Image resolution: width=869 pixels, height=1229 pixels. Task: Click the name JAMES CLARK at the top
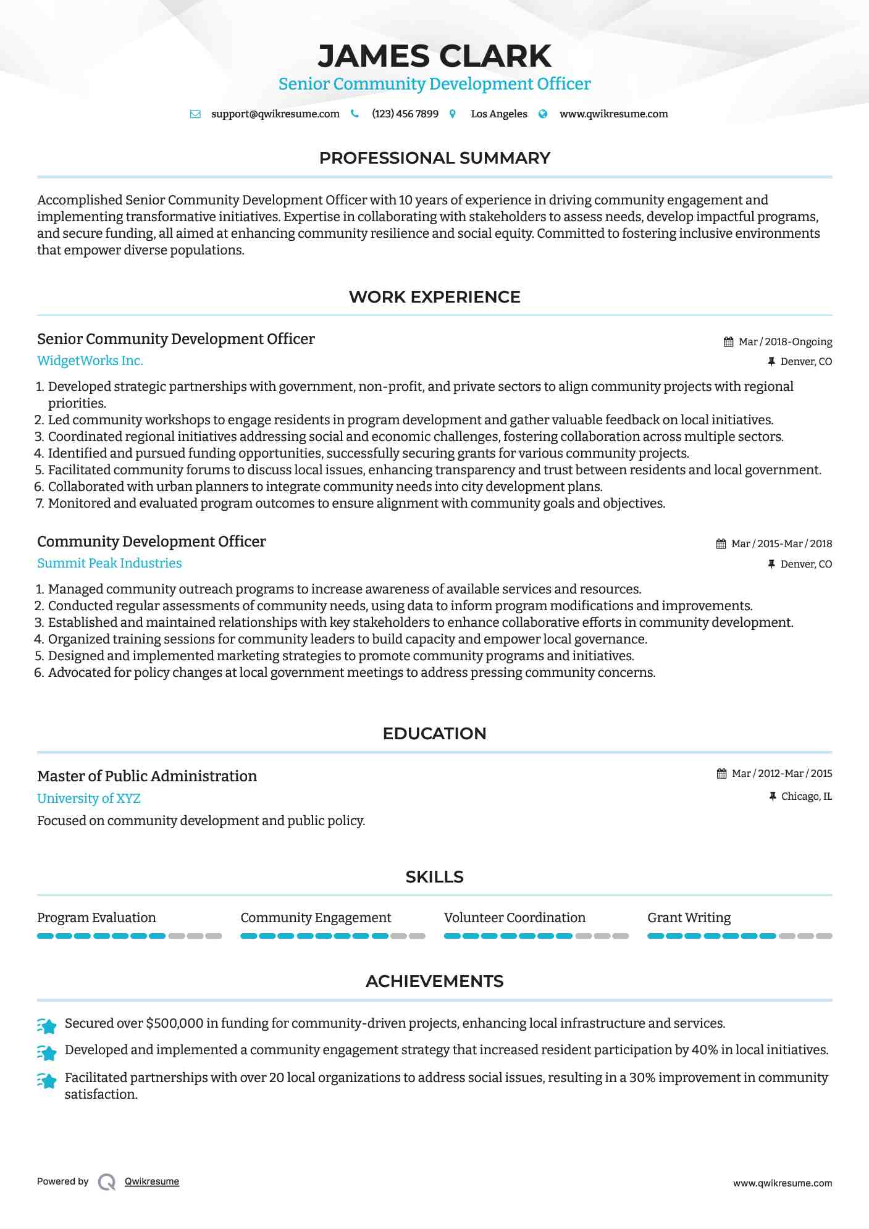tap(434, 56)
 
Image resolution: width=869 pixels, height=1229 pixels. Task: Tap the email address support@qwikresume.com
tap(275, 114)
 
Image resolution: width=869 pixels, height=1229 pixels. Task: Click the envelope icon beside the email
tap(195, 114)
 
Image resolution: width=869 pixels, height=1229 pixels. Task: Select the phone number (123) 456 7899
tap(405, 114)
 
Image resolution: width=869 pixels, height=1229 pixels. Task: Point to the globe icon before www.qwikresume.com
tap(543, 114)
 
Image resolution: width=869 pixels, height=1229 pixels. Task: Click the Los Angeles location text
tap(498, 114)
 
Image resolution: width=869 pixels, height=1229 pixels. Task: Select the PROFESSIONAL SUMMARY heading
tap(434, 158)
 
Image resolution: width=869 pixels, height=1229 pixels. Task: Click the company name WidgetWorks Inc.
tap(90, 361)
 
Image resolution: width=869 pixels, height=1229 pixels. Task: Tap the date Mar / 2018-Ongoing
tap(785, 342)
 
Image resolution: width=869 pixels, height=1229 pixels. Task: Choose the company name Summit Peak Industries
tap(109, 563)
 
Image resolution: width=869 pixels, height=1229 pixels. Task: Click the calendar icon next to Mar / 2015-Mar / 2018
tap(721, 544)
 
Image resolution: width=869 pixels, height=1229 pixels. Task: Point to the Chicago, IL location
tap(806, 796)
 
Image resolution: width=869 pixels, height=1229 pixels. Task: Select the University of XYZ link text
tap(89, 798)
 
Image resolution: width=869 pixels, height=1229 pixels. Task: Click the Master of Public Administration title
tap(147, 776)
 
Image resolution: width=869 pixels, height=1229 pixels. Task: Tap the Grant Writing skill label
tap(689, 918)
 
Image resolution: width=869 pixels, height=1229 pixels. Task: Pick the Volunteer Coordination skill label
tap(514, 918)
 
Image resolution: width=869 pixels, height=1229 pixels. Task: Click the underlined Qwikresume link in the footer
tap(152, 1181)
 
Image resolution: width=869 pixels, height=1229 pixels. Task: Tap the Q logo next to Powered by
tap(107, 1181)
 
